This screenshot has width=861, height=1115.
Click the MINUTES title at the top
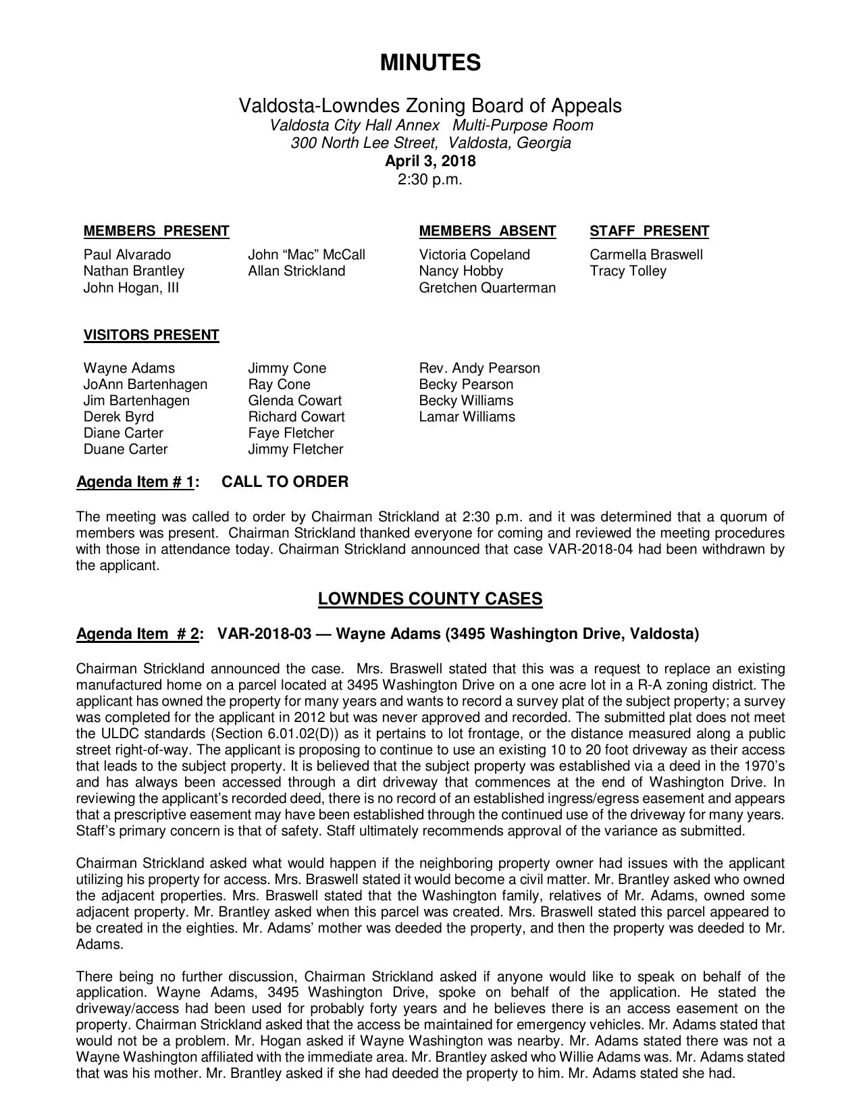[x=430, y=63]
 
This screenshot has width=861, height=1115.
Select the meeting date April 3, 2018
[x=430, y=161]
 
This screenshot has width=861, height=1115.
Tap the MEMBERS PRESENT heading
[x=156, y=231]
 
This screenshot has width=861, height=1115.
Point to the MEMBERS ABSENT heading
[x=487, y=231]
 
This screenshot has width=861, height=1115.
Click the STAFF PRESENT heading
[x=649, y=231]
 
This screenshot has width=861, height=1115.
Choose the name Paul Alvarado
[x=127, y=255]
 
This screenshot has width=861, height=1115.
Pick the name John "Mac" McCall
[x=306, y=255]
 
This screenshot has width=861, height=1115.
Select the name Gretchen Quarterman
[x=487, y=288]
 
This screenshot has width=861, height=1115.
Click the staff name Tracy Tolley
[x=627, y=271]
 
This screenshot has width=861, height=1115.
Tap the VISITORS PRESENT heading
[x=151, y=335]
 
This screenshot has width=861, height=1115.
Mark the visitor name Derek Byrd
[x=118, y=417]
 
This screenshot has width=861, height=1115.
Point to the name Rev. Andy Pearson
[x=479, y=368]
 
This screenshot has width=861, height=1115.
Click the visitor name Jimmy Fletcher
[x=295, y=449]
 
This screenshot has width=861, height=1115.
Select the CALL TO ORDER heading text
[x=285, y=482]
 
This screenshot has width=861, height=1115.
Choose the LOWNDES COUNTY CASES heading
[x=430, y=599]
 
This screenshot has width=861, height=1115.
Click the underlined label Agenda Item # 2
[x=137, y=633]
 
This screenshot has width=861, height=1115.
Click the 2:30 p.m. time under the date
[x=430, y=180]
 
